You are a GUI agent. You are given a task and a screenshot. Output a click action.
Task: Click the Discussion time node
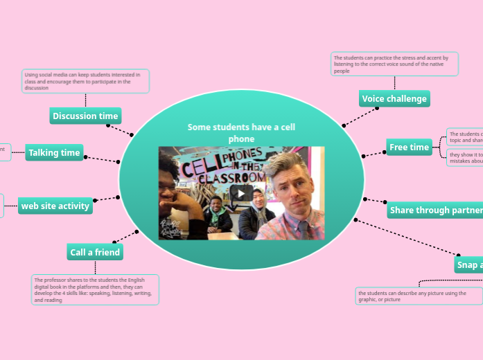[85, 116]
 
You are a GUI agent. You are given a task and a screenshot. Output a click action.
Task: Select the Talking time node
[54, 152]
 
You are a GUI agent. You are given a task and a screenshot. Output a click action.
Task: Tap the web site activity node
[55, 206]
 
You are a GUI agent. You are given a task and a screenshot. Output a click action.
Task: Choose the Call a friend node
[95, 252]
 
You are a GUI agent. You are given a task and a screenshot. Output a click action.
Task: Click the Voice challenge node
[394, 98]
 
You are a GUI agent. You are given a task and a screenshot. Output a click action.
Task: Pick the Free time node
[409, 147]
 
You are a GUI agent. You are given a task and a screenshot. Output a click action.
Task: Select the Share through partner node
[435, 210]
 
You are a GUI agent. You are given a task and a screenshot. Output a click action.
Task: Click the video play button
[241, 192]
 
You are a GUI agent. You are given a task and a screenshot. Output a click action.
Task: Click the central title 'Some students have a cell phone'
[241, 133]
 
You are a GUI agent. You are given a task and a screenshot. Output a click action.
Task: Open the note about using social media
[85, 81]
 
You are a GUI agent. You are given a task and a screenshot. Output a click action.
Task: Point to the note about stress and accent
[394, 64]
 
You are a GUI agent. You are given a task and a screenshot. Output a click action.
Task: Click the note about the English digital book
[95, 289]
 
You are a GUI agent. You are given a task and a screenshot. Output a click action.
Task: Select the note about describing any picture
[419, 296]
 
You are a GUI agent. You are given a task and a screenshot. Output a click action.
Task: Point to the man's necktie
[303, 229]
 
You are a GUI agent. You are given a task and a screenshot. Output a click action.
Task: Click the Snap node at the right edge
[468, 264]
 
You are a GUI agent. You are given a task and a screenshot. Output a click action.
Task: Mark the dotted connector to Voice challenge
[360, 116]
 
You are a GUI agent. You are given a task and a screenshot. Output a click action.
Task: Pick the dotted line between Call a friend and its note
[95, 267]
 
